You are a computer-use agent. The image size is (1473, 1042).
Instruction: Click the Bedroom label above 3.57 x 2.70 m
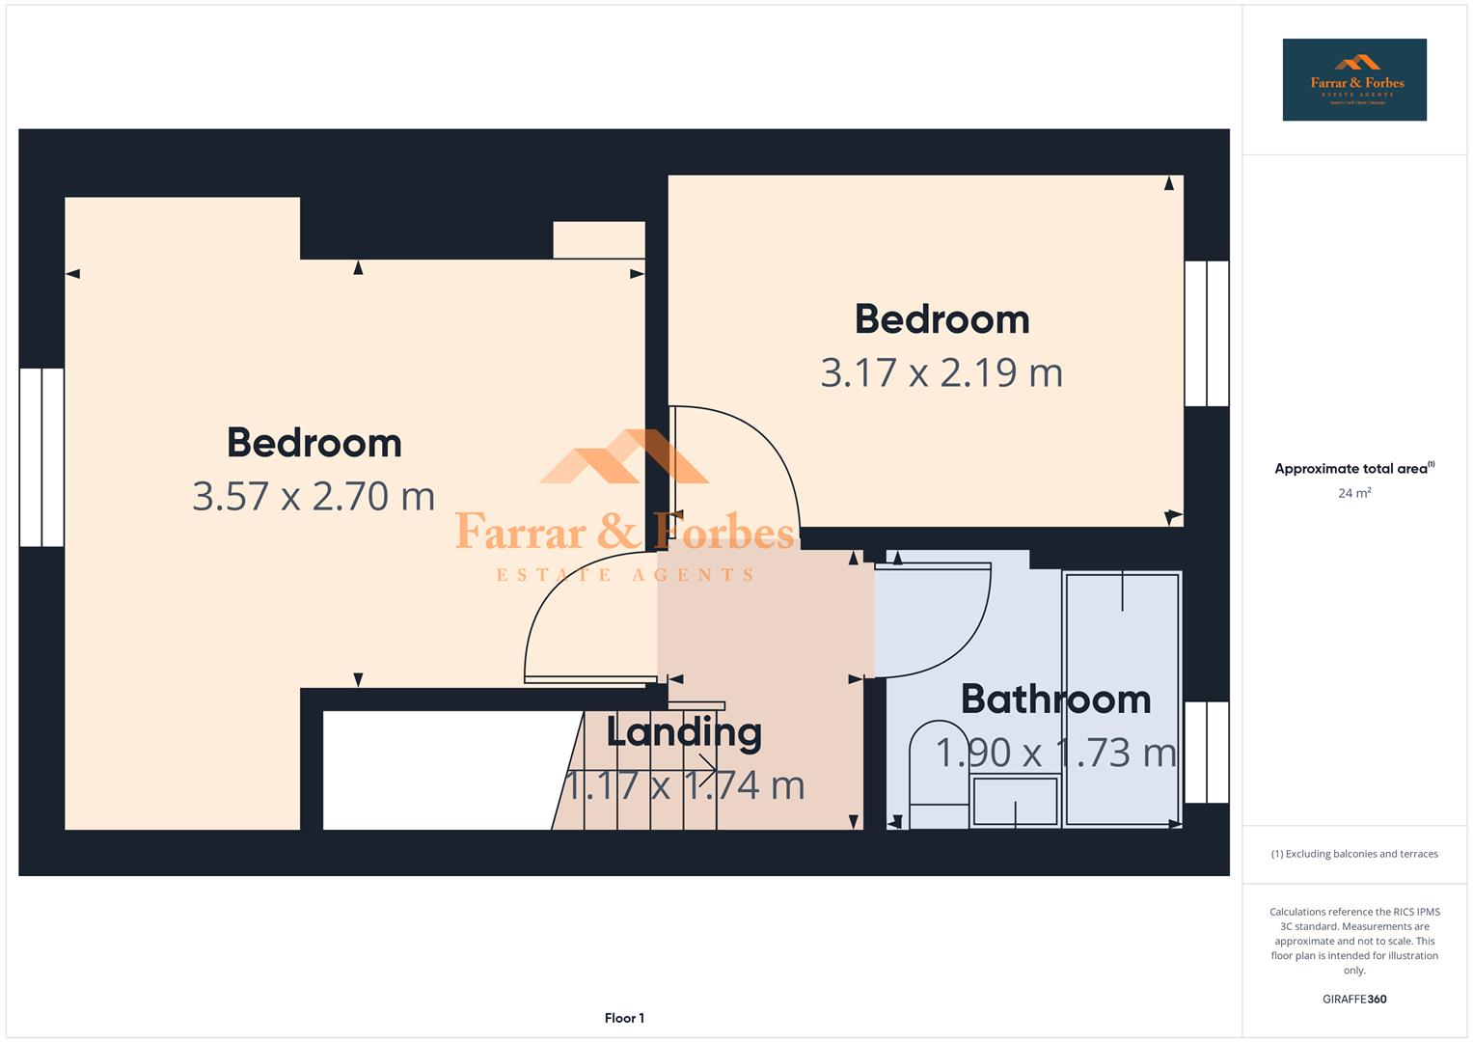pos(314,443)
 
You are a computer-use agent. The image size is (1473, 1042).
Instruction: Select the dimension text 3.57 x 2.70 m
pos(314,496)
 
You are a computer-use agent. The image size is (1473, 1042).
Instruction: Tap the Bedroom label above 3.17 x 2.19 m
pos(941,319)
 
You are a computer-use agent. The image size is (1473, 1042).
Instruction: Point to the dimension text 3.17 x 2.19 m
pos(941,372)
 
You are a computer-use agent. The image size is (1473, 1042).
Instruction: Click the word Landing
pos(684,732)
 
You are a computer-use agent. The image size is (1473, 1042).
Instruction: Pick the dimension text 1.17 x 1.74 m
pos(684,785)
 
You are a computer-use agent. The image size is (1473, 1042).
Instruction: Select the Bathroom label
pos(1055,699)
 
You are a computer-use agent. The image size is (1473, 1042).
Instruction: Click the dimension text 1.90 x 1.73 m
pos(1055,753)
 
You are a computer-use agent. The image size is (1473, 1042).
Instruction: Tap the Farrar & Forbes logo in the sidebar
pos(1353,80)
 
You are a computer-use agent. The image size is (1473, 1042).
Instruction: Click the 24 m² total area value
pos(1353,493)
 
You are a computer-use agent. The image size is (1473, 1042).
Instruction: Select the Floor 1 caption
pos(624,1018)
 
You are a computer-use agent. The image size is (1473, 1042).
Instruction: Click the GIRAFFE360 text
pos(1353,1000)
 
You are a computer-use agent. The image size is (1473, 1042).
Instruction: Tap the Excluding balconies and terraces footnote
pos(1353,854)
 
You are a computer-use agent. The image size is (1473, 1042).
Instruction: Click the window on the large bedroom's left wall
pos(41,457)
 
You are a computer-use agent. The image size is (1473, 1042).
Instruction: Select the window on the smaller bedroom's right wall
pos(1206,334)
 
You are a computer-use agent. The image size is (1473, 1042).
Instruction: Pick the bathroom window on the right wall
pos(1206,753)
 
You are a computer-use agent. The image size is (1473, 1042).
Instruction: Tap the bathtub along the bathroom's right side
pos(1122,699)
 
